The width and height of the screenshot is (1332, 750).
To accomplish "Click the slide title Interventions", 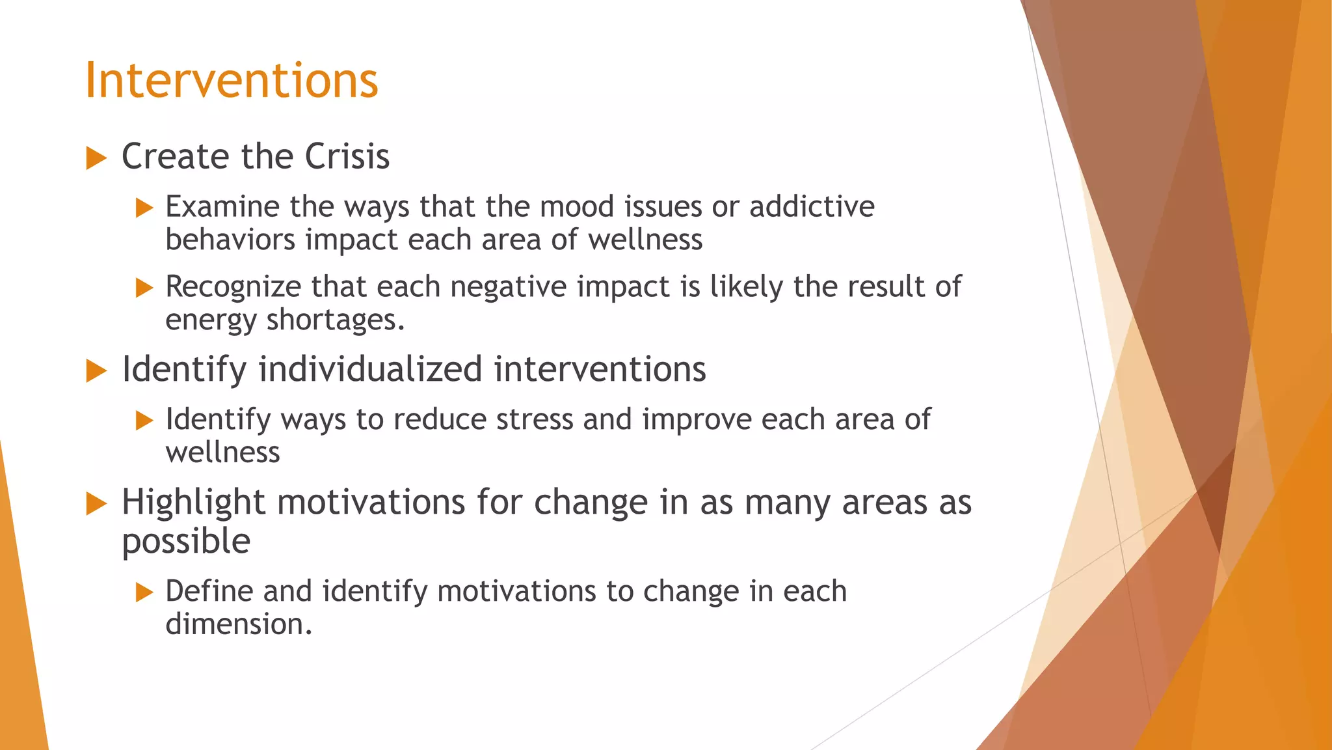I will click(x=232, y=80).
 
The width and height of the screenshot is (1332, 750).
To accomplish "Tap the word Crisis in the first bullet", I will click(x=347, y=157).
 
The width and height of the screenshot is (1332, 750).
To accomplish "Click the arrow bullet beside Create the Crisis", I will click(x=96, y=158).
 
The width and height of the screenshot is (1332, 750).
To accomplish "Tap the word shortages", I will click(x=335, y=320).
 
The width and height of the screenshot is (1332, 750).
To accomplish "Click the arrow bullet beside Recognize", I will click(x=144, y=288).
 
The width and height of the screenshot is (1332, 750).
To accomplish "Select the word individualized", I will click(x=370, y=369).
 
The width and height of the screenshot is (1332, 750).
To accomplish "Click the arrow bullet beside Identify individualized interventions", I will click(x=96, y=371).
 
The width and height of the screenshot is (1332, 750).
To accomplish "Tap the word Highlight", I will click(x=193, y=503).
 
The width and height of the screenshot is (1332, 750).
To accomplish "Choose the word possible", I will click(x=186, y=542).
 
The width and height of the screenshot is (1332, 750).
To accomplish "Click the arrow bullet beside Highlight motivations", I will click(x=96, y=504).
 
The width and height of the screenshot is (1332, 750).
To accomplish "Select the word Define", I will click(x=209, y=591).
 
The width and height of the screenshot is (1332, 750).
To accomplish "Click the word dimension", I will click(x=239, y=624).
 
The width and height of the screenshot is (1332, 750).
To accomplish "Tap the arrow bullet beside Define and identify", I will click(x=144, y=592).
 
